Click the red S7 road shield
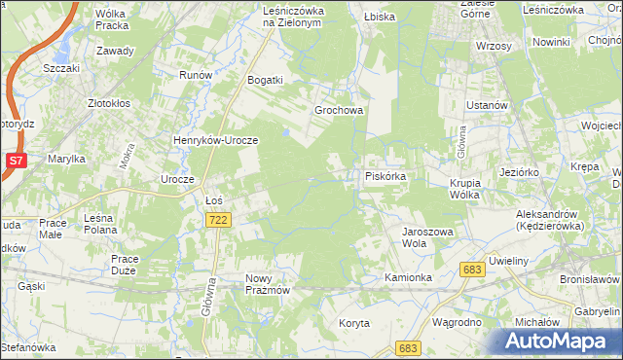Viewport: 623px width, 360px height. [16, 160]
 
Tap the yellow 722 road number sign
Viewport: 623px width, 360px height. [218, 222]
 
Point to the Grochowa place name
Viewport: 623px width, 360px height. [338, 110]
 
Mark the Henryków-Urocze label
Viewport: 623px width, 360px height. [215, 140]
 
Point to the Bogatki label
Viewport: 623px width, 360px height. [265, 80]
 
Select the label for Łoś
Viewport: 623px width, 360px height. [215, 200]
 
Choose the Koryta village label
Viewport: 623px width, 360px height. [354, 323]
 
